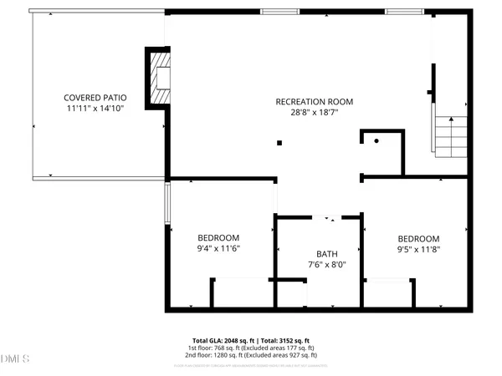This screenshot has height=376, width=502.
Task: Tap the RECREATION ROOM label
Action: (314, 101)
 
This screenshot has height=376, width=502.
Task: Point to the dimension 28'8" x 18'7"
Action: (314, 113)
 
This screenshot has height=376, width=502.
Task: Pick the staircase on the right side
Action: (450, 135)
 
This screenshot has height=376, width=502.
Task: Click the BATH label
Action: (325, 253)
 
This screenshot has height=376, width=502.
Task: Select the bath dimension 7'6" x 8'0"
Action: (325, 265)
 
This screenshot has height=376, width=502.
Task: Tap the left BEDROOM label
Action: (218, 237)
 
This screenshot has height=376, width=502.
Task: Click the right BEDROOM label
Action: (418, 237)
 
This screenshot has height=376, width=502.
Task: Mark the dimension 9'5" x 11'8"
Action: (418, 249)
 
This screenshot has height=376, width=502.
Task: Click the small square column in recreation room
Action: (279, 142)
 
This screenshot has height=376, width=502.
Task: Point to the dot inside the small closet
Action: (376, 141)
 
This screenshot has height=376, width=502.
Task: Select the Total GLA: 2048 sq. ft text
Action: (223, 340)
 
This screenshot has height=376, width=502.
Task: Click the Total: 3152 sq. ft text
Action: (284, 340)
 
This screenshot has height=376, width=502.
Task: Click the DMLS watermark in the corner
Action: (15, 359)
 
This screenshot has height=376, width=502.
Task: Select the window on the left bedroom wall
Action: (166, 205)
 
